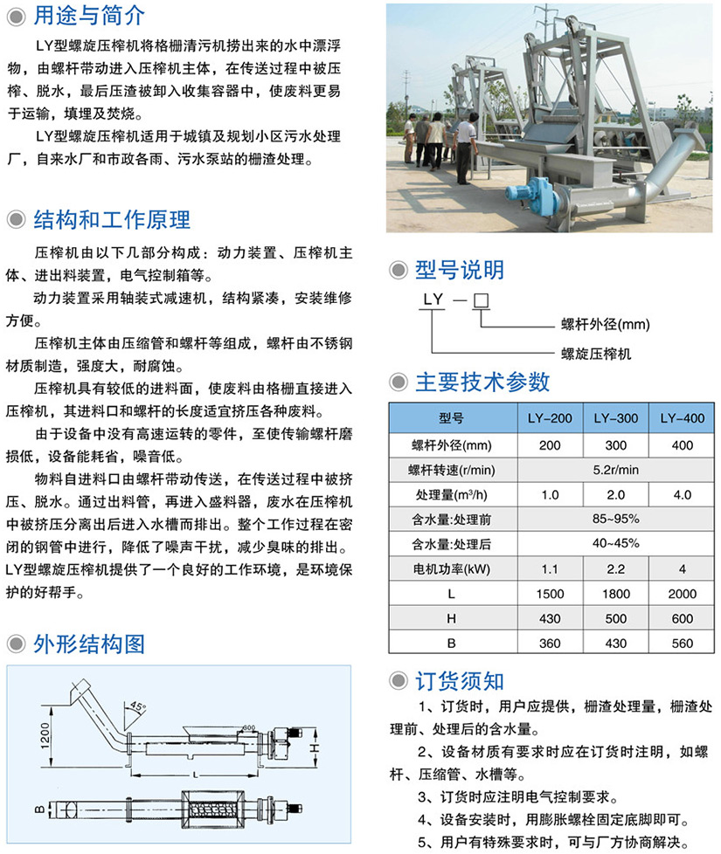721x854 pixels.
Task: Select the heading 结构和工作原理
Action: point(111,218)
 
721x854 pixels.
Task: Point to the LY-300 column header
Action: point(615,418)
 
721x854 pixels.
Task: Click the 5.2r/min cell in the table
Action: point(615,469)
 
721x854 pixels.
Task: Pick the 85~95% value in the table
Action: point(615,519)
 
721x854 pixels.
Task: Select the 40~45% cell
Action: point(615,543)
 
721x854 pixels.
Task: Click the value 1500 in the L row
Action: point(550,594)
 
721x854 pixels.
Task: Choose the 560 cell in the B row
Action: point(682,644)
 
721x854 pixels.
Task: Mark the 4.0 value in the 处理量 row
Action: point(682,494)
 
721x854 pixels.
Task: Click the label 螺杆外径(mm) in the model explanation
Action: point(606,325)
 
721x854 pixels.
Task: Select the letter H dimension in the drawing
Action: point(325,748)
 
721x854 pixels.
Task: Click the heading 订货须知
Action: point(459,681)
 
